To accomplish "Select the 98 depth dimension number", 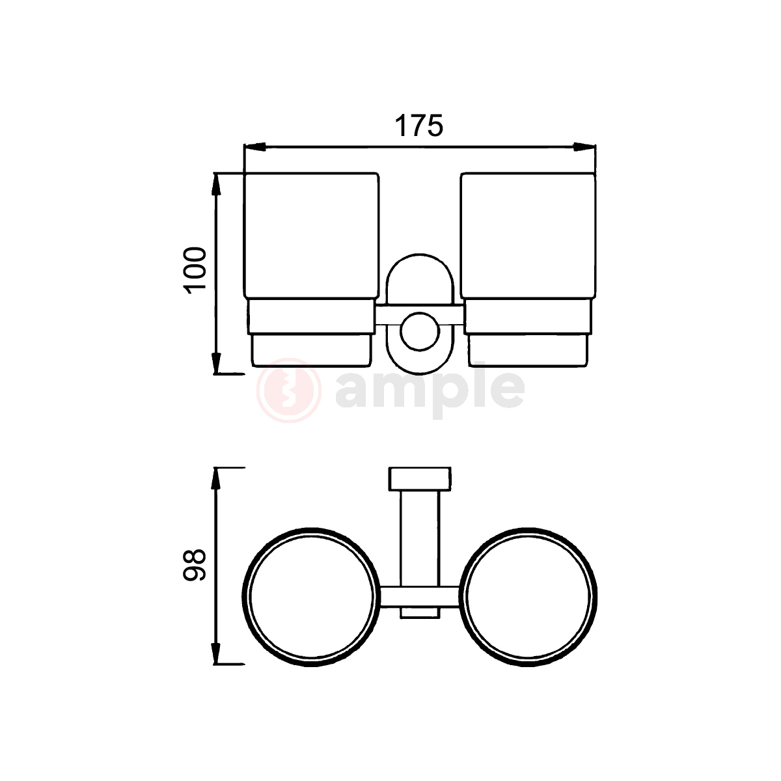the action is click(x=195, y=566).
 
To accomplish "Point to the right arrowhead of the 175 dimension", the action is click(x=585, y=147).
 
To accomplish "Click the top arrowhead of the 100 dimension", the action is click(x=217, y=185).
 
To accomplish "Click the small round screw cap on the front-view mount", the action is click(x=420, y=331).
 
